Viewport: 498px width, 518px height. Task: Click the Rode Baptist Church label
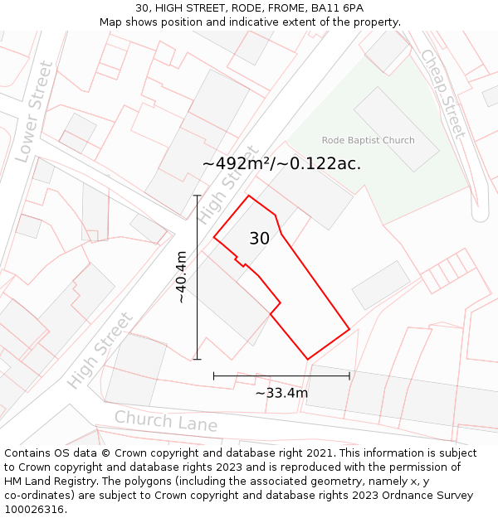click(x=368, y=140)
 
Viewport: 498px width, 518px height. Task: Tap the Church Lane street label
click(x=166, y=421)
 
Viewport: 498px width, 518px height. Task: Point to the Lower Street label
click(x=35, y=112)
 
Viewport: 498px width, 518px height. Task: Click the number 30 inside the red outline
click(x=259, y=239)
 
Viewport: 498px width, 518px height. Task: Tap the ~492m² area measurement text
click(x=282, y=163)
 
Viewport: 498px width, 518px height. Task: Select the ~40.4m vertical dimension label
click(x=181, y=278)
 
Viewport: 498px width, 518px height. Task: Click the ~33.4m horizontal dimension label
click(x=281, y=393)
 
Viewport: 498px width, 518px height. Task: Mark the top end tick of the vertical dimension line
click(x=198, y=196)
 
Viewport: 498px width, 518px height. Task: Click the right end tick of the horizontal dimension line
click(x=349, y=375)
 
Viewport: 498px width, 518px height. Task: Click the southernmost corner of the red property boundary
click(x=308, y=360)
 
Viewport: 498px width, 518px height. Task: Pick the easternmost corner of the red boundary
click(x=349, y=329)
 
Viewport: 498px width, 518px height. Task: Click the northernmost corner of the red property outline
click(x=249, y=196)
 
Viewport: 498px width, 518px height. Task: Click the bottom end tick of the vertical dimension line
click(x=198, y=359)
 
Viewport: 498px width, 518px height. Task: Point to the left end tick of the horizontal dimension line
click(x=214, y=375)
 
